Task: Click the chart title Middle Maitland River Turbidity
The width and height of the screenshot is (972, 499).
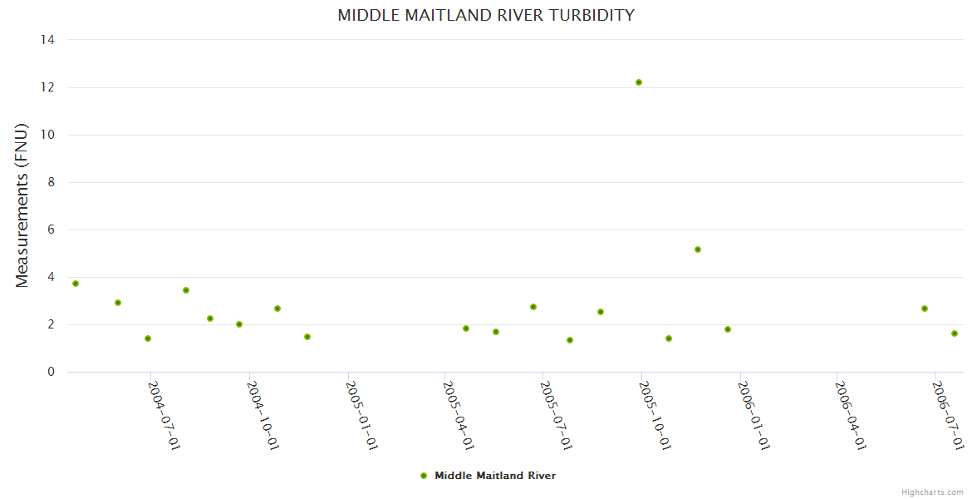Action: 486,15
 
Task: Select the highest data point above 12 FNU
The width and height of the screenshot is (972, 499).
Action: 639,82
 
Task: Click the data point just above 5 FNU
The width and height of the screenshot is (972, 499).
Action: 698,249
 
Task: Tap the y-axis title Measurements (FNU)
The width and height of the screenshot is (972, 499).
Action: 22,205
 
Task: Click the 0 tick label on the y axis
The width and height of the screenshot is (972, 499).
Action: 52,373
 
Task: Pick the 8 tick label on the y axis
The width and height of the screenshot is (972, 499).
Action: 52,182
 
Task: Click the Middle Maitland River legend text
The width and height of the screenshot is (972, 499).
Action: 495,476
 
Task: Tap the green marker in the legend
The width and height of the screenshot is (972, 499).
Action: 424,476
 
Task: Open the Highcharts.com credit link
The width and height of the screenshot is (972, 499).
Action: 932,492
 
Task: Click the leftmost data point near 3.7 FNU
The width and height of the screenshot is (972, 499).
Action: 76,284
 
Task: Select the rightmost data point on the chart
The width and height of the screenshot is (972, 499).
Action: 955,333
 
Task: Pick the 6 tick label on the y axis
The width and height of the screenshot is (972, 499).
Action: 52,230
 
